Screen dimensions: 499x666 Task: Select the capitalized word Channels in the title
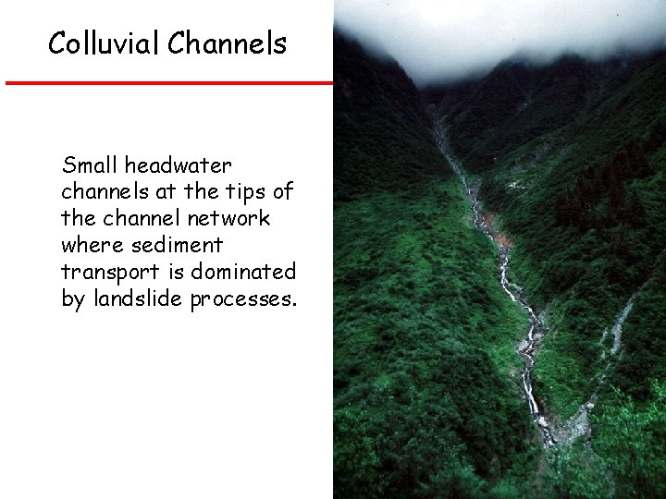pyautogui.click(x=228, y=43)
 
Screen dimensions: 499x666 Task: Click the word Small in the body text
pyautogui.click(x=90, y=166)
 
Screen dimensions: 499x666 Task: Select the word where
pyautogui.click(x=91, y=246)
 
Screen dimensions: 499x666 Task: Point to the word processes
pyautogui.click(x=244, y=299)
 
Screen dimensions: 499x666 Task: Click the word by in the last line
pyautogui.click(x=72, y=299)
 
